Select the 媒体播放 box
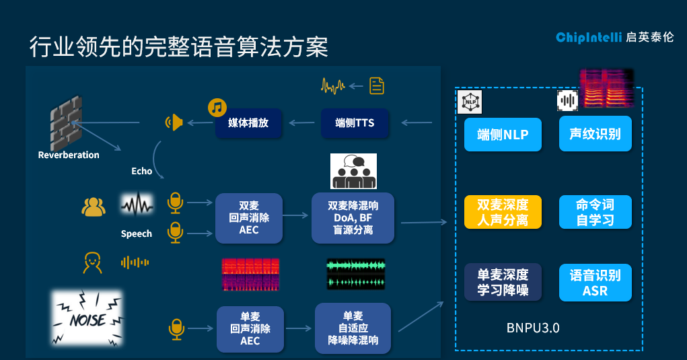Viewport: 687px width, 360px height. (248, 123)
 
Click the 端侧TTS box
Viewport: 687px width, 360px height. (355, 123)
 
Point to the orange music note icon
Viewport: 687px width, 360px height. (217, 107)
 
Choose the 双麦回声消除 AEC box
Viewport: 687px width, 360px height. (249, 218)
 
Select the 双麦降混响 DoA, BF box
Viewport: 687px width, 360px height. (354, 218)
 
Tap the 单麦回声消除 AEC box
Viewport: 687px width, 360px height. (250, 328)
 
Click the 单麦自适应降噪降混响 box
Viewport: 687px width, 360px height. (353, 328)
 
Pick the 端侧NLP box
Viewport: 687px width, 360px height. (503, 135)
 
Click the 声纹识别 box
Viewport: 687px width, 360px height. (595, 134)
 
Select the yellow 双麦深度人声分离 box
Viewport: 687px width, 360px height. (503, 212)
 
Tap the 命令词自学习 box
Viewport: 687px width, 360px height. (595, 212)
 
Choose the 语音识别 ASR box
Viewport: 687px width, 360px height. (595, 283)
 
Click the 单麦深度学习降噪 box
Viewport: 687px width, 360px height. (503, 283)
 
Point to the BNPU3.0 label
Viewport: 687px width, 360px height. (533, 328)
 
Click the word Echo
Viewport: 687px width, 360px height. (142, 172)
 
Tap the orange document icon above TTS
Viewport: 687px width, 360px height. (377, 85)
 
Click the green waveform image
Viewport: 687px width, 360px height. (356, 274)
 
